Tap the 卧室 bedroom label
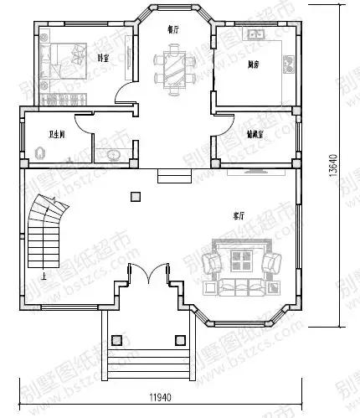[x=104, y=58]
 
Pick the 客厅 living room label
[x=240, y=216]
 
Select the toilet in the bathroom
[x=40, y=153]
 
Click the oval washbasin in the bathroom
[x=112, y=155]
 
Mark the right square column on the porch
[x=177, y=340]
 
